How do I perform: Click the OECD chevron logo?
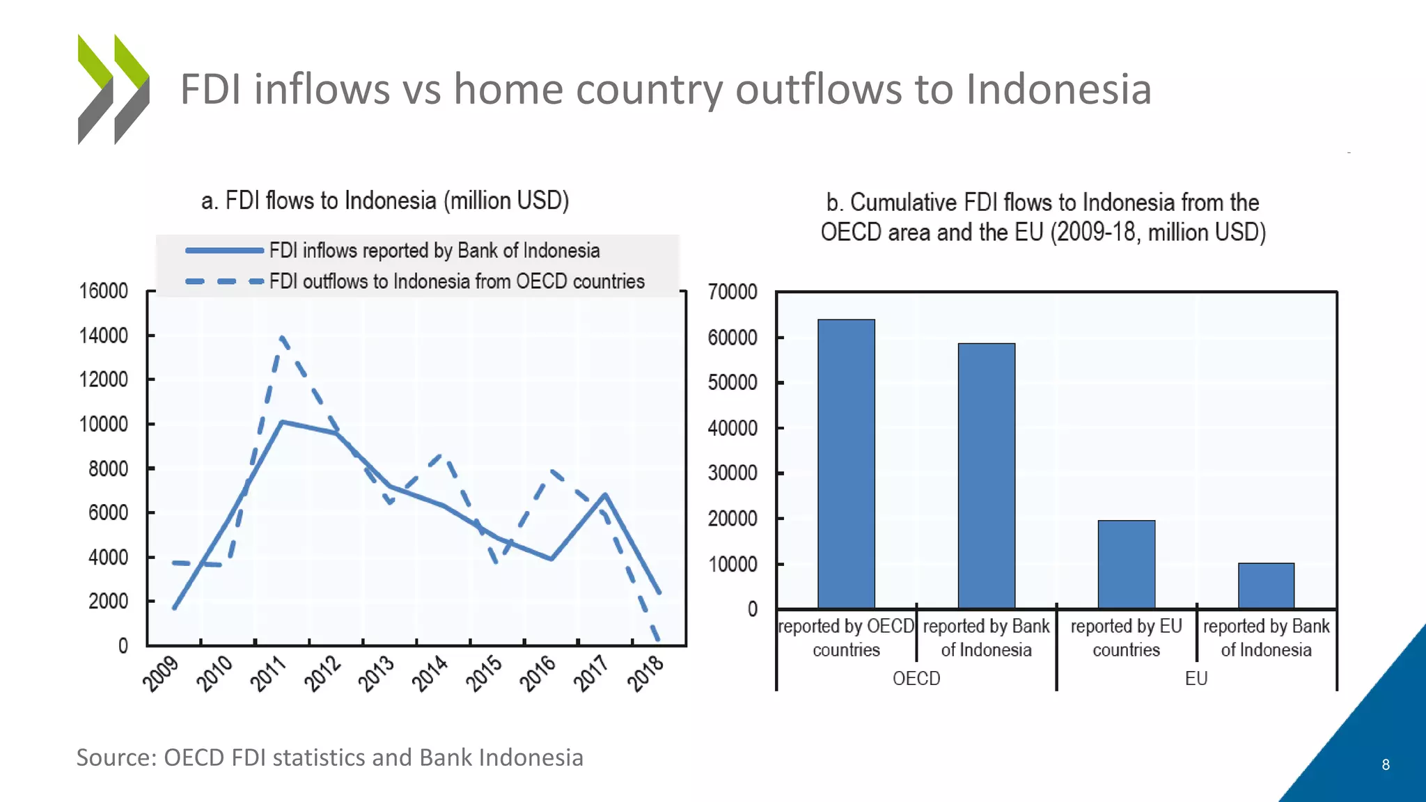pyautogui.click(x=113, y=89)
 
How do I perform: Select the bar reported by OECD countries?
pyautogui.click(x=846, y=464)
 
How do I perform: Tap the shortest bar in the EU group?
pyautogui.click(x=1266, y=585)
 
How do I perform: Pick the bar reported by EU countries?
pyautogui.click(x=1126, y=564)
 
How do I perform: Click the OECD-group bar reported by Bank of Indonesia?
pyautogui.click(x=986, y=475)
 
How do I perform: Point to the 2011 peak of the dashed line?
pyautogui.click(x=282, y=338)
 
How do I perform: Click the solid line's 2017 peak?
pyautogui.click(x=605, y=495)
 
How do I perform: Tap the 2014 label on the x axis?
pyautogui.click(x=430, y=673)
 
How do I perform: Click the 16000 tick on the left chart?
pyautogui.click(x=104, y=291)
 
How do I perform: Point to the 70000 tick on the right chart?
pyautogui.click(x=732, y=292)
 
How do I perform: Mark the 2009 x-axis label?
pyautogui.click(x=161, y=673)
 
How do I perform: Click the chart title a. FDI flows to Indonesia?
pyautogui.click(x=385, y=200)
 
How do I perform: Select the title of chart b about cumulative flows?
pyautogui.click(x=1042, y=217)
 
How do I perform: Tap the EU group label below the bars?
pyautogui.click(x=1196, y=678)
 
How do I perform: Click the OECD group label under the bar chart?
pyautogui.click(x=916, y=678)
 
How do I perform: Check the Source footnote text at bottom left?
pyautogui.click(x=329, y=757)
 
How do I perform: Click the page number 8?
pyautogui.click(x=1385, y=764)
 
